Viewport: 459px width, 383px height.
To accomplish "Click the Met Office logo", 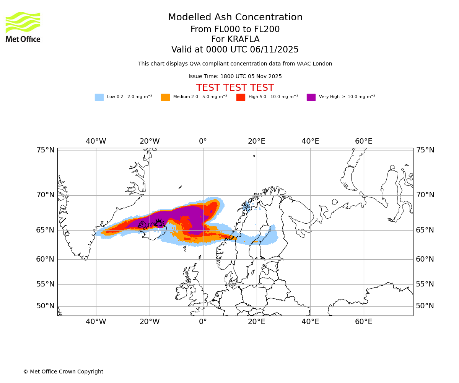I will [23, 27].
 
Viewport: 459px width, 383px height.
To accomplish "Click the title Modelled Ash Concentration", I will [235, 18].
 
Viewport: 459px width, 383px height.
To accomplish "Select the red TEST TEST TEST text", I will [235, 88].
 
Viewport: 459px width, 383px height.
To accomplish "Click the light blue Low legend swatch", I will [99, 97].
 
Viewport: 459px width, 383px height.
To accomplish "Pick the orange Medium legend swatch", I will [165, 97].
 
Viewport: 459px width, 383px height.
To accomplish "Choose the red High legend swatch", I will [241, 97].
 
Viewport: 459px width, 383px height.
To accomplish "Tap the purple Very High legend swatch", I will [311, 97].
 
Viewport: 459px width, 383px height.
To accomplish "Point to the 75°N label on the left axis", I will [46, 150].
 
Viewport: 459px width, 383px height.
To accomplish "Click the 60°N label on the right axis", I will [425, 259].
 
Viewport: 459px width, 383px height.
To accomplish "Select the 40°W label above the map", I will [96, 141].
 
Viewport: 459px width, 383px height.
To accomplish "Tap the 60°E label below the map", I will [363, 322].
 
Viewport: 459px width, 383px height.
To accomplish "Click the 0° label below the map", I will [203, 322].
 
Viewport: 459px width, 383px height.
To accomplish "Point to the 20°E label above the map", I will [256, 141].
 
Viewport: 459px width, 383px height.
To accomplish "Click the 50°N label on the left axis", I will [46, 306].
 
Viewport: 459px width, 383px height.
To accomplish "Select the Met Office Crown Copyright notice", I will [63, 372].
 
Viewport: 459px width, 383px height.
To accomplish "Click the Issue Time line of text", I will [235, 77].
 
